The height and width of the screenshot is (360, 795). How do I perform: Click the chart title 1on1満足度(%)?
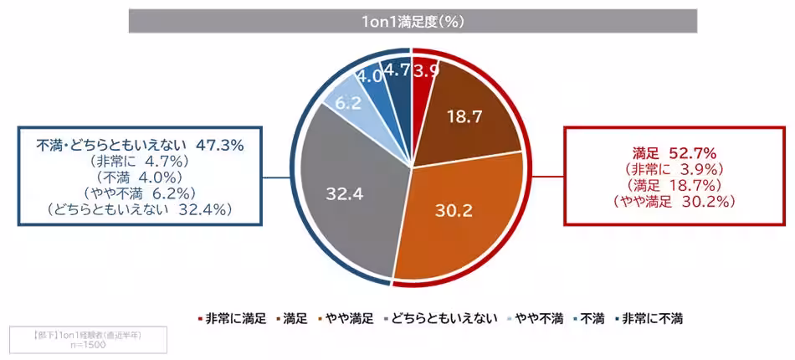413,22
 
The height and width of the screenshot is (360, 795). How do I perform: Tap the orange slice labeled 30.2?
452,209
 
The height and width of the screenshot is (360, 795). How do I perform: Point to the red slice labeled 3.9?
425,70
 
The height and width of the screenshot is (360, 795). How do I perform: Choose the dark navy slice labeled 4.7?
397,71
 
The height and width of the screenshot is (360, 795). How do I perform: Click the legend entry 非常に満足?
236,319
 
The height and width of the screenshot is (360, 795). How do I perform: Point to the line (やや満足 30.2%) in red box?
674,201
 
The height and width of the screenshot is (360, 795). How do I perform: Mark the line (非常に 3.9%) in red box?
674,169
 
